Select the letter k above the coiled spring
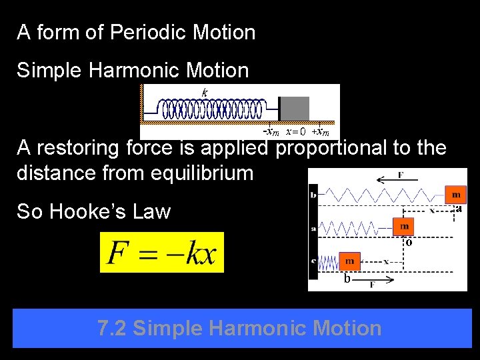205,92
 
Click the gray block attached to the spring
294,109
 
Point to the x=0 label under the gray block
295,131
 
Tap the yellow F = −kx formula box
162,253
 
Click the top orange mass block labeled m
456,194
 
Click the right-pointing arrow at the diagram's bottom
381,281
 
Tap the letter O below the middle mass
408,243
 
